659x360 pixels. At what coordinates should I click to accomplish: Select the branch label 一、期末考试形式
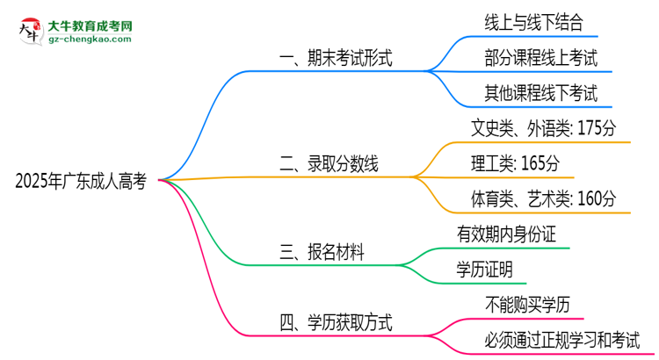[334, 60]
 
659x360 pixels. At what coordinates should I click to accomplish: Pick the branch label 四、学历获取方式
[335, 323]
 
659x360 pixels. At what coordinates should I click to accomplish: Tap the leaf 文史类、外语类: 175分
[544, 128]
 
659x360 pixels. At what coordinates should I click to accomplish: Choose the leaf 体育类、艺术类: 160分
[543, 198]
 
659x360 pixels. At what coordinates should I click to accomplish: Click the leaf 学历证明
[484, 269]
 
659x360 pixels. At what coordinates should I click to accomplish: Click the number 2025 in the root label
[33, 182]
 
